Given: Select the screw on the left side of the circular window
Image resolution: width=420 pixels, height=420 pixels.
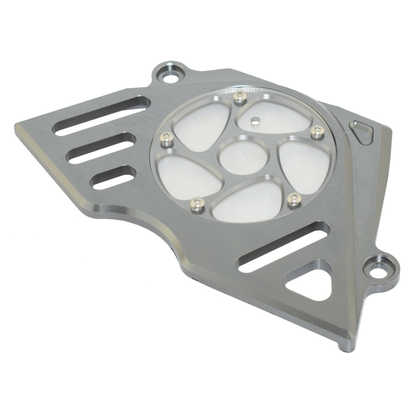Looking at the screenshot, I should click(166, 137).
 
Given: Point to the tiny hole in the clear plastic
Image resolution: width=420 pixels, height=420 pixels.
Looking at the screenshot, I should click(254, 121).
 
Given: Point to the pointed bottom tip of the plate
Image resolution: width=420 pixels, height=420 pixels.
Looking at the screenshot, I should click(344, 343).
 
